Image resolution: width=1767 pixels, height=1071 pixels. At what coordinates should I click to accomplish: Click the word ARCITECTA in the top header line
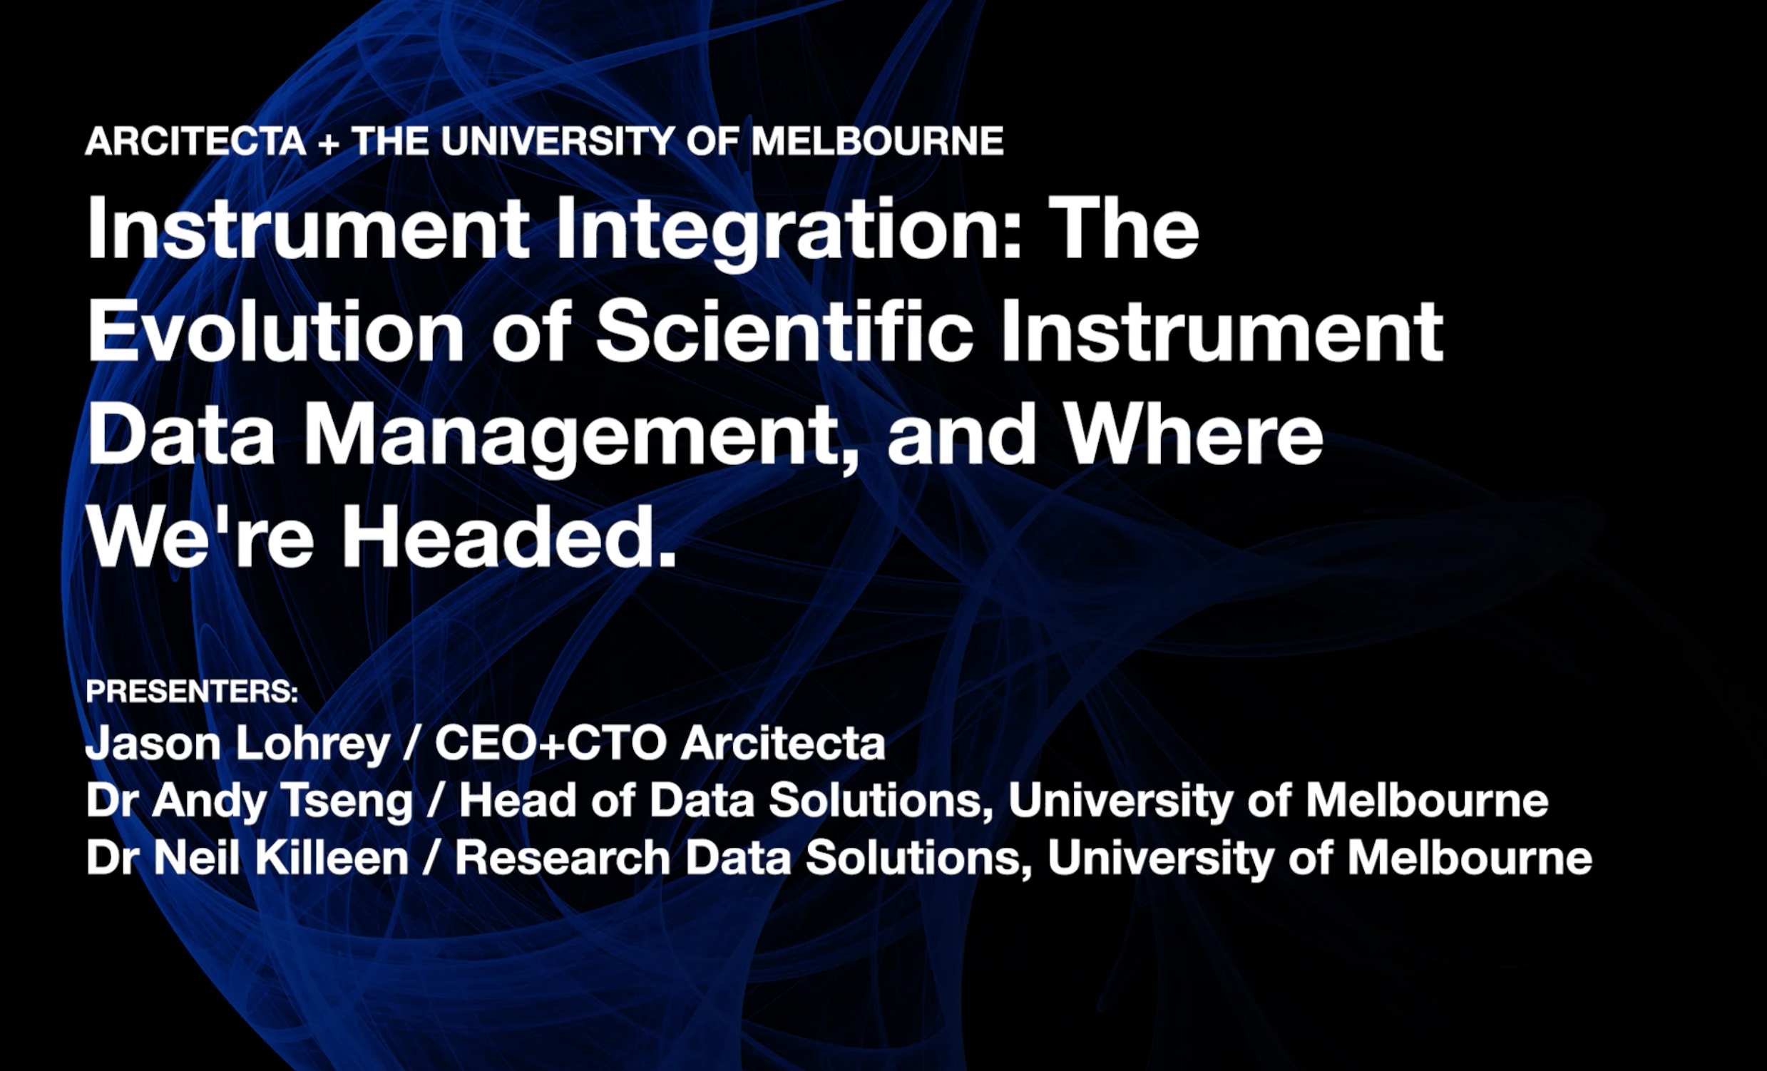pyautogui.click(x=195, y=140)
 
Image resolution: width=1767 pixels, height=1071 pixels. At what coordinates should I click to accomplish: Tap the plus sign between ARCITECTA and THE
pyautogui.click(x=329, y=143)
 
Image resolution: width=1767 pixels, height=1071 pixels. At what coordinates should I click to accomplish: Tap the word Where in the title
pyautogui.click(x=1192, y=434)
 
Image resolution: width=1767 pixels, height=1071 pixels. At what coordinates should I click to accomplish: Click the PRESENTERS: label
pyautogui.click(x=192, y=691)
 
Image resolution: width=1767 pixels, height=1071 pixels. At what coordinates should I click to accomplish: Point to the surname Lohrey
pyautogui.click(x=312, y=744)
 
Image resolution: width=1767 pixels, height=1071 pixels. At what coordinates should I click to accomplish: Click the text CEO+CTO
pyautogui.click(x=550, y=743)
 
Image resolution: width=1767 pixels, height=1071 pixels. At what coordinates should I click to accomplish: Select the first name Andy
pyautogui.click(x=210, y=801)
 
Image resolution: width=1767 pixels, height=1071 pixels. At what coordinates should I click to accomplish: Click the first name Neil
pyautogui.click(x=196, y=857)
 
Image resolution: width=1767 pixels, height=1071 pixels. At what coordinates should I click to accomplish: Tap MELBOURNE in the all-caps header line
pyautogui.click(x=877, y=140)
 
